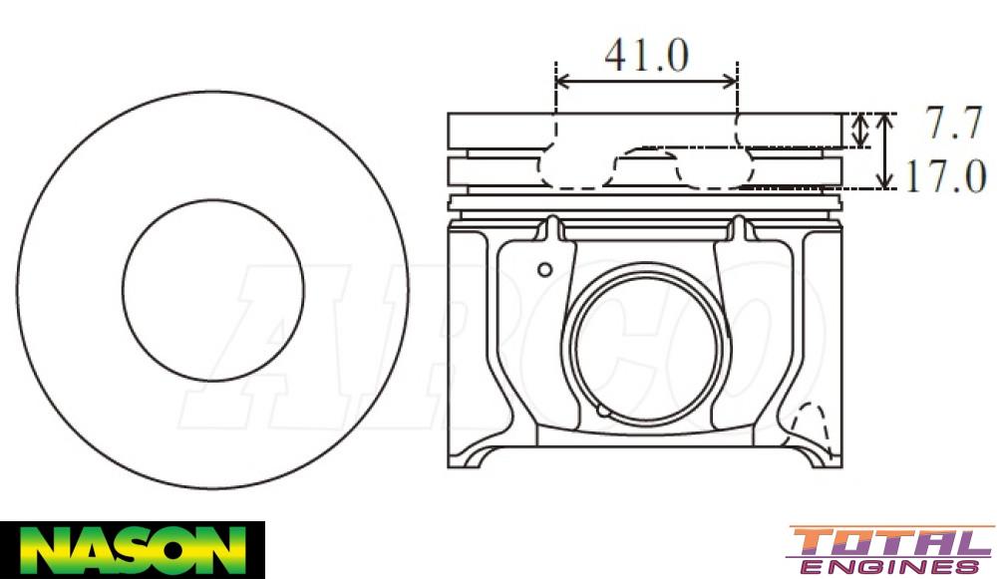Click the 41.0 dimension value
[646, 56]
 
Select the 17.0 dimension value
[945, 176]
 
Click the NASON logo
[132, 549]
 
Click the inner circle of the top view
[213, 290]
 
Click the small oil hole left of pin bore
[544, 269]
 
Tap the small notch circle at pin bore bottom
[602, 411]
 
